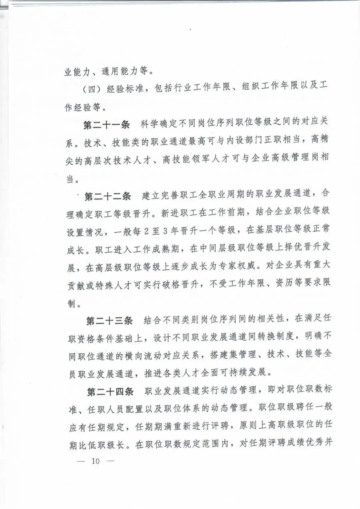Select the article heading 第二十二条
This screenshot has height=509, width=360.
coord(108,196)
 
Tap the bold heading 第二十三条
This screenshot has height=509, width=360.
coord(109,321)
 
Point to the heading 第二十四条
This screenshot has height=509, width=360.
coord(110,392)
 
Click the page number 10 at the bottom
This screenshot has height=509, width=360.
coord(96,461)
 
